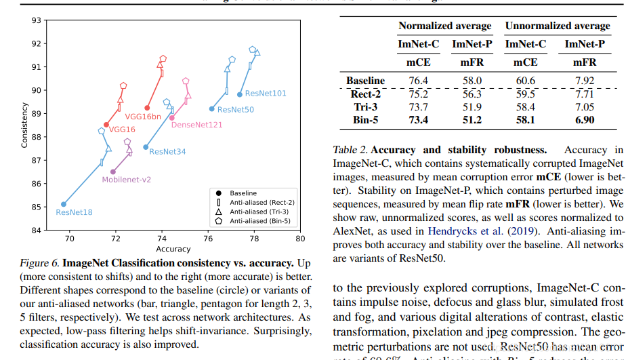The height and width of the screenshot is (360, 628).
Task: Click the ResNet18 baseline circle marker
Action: pyautogui.click(x=64, y=204)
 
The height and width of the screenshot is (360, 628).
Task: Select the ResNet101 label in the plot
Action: pyautogui.click(x=266, y=93)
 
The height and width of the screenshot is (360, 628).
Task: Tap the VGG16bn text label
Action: pyautogui.click(x=144, y=117)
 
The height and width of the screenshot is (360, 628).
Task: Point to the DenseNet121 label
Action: pyautogui.click(x=196, y=125)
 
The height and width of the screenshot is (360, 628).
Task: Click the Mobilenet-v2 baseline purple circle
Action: pyautogui.click(x=113, y=172)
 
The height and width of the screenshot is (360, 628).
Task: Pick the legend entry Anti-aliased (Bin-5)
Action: pyautogui.click(x=260, y=220)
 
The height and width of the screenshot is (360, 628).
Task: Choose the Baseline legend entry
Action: pyautogui.click(x=243, y=193)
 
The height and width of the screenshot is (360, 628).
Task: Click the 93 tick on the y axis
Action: pyautogui.click(x=36, y=20)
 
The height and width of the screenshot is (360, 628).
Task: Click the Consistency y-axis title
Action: pyautogui.click(x=24, y=125)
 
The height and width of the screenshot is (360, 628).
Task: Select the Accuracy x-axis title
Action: pyautogui.click(x=173, y=249)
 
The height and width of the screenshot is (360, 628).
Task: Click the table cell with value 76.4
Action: pyautogui.click(x=417, y=81)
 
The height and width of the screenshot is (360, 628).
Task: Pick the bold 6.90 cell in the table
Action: pyautogui.click(x=584, y=120)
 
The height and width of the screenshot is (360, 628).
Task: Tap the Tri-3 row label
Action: pyautogui.click(x=366, y=107)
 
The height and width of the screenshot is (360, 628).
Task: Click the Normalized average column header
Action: pyautogui.click(x=444, y=26)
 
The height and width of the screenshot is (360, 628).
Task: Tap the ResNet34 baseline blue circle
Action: pyautogui.click(x=146, y=147)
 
